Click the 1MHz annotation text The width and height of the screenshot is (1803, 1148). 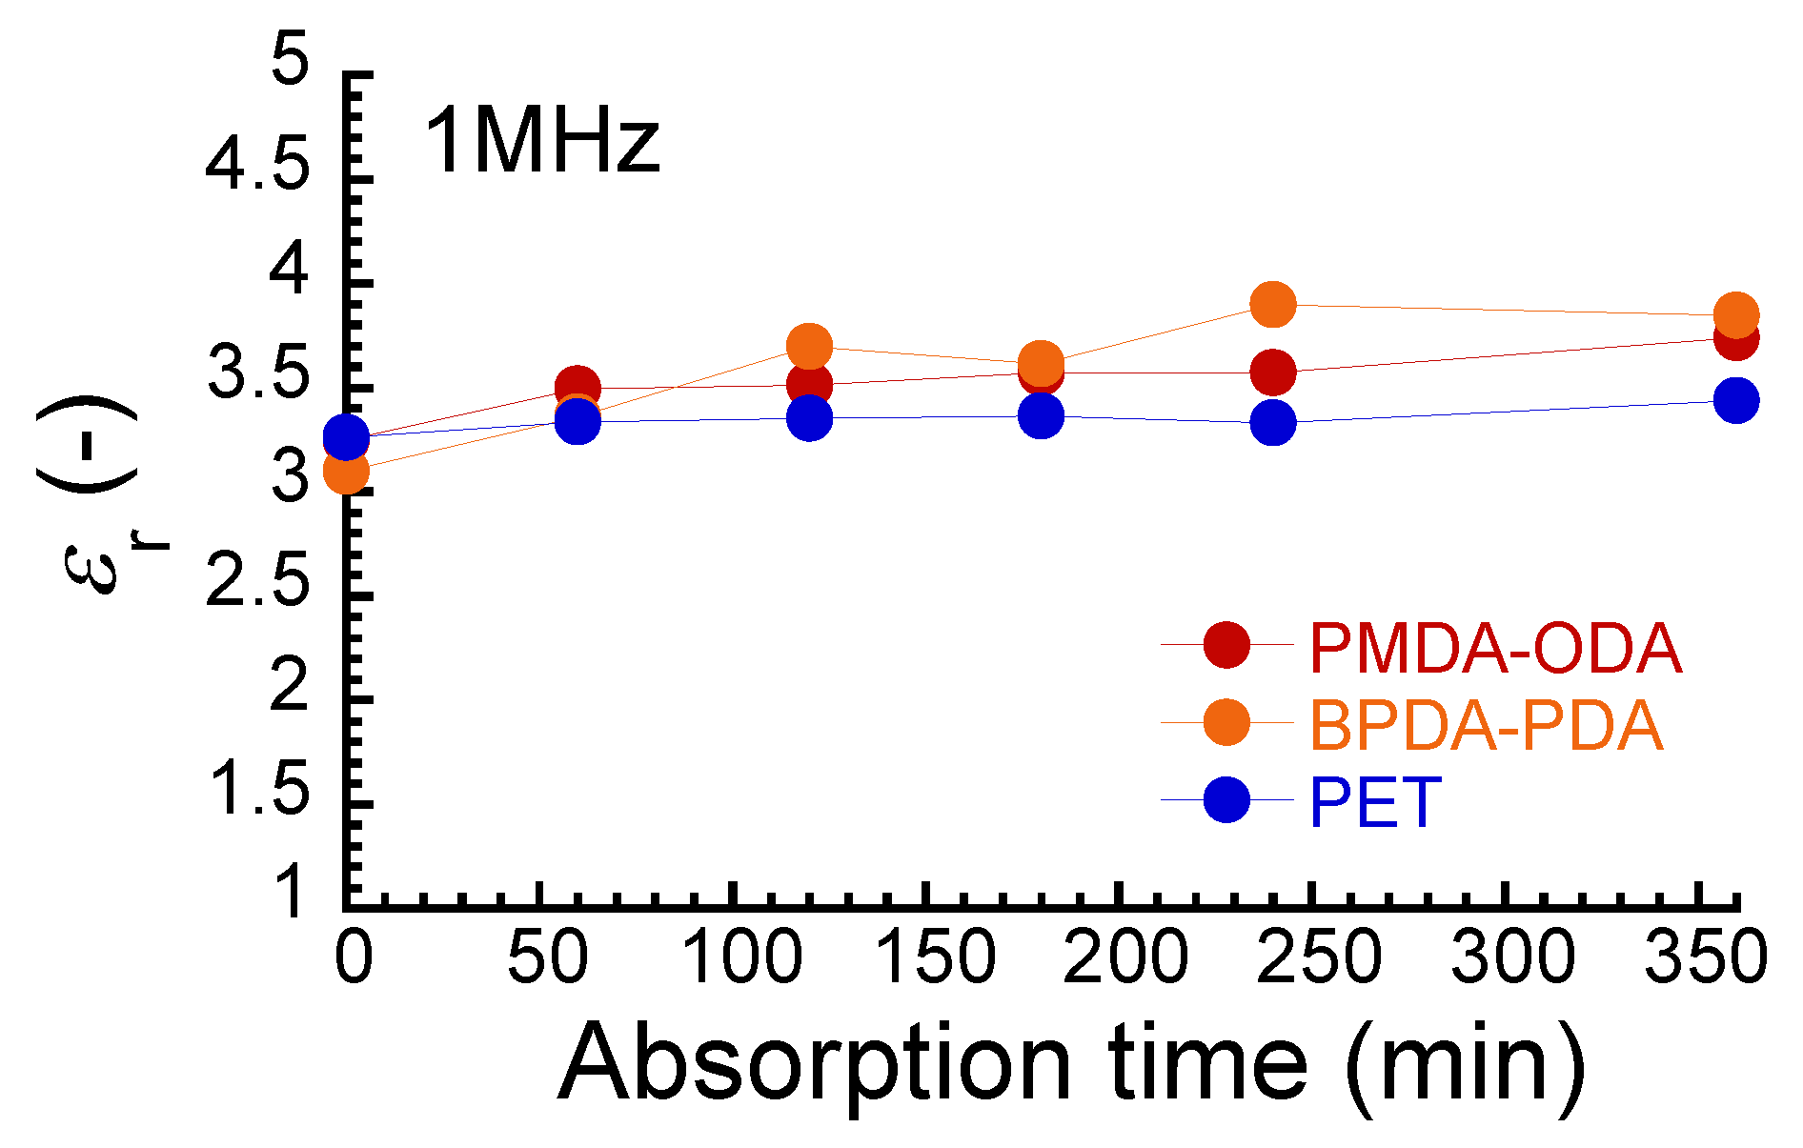click(x=540, y=142)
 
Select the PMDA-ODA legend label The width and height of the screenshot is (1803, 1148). click(x=1494, y=649)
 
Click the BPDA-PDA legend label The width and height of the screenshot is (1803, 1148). click(x=1486, y=725)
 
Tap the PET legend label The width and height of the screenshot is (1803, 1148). click(x=1375, y=803)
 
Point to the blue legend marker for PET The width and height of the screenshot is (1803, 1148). click(x=1226, y=799)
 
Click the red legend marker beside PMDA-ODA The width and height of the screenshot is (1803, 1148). click(x=1226, y=645)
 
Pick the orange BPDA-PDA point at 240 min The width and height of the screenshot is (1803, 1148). click(x=1272, y=304)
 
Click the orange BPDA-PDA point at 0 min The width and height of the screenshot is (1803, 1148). click(x=346, y=471)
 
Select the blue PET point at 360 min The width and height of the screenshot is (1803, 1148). click(x=1736, y=400)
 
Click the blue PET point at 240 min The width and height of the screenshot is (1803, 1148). click(x=1272, y=422)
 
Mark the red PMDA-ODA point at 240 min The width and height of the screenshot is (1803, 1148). click(x=1272, y=372)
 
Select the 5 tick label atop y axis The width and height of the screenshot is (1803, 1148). click(x=290, y=60)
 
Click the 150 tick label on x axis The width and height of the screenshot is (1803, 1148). click(x=934, y=957)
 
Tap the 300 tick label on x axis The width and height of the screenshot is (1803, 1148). click(x=1512, y=957)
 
